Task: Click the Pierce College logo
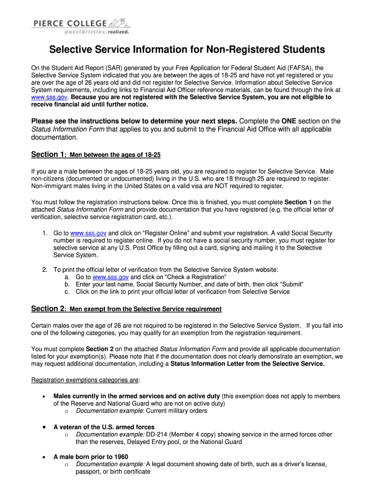pos(82,26)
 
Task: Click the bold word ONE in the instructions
pos(289,121)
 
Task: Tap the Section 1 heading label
pos(47,155)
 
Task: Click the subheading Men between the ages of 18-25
pos(115,155)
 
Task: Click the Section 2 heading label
pos(47,309)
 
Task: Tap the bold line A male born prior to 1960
pos(91,457)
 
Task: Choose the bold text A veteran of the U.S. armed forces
pos(104,427)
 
